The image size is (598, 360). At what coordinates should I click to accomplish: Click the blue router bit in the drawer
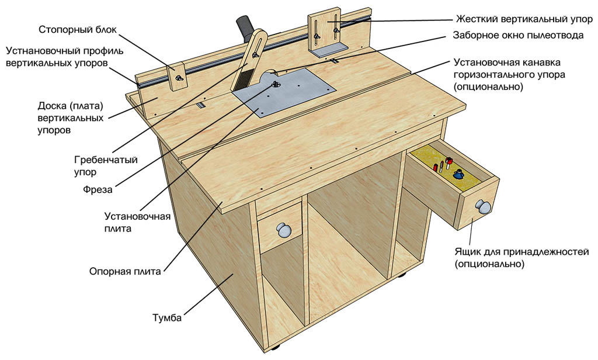[x=458, y=174]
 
